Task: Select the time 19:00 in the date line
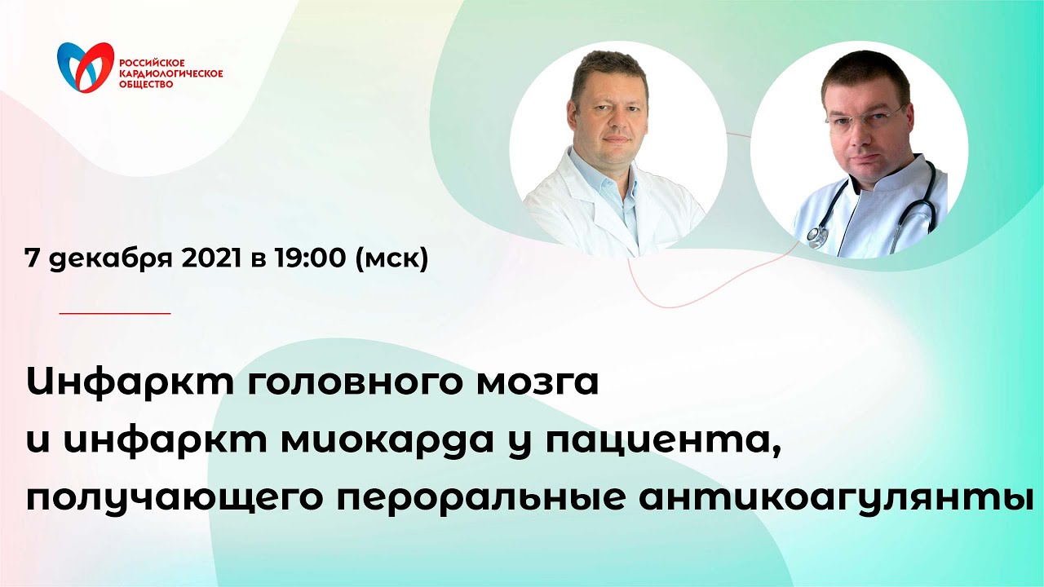pos(313,260)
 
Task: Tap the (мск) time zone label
pos(392,260)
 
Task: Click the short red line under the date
pos(115,312)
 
